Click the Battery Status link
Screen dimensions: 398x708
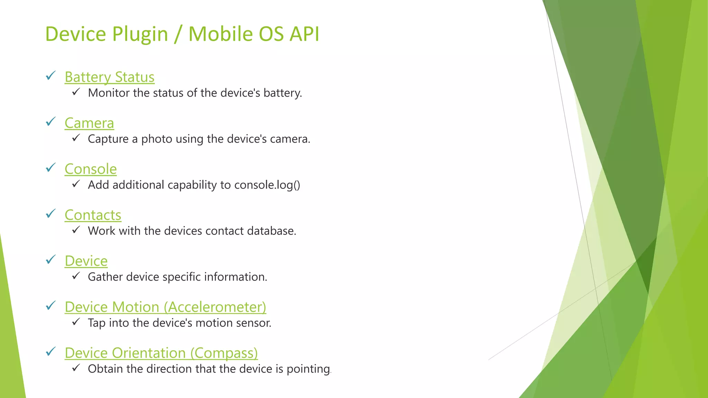[109, 77]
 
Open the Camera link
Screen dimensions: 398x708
[89, 123]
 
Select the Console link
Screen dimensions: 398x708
[91, 169]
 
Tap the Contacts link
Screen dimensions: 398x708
[93, 215]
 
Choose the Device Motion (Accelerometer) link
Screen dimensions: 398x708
[165, 307]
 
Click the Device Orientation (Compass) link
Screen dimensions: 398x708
[161, 353]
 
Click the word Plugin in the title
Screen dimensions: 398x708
[140, 34]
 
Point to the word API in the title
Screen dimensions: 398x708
[304, 34]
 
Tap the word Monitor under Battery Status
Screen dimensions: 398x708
[109, 93]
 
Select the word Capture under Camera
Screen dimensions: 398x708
[108, 139]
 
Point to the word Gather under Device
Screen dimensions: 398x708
[105, 277]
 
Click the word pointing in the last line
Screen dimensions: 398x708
[308, 369]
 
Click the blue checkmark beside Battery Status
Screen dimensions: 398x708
[51, 76]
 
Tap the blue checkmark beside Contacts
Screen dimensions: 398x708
[51, 214]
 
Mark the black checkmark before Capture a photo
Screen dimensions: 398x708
[76, 138]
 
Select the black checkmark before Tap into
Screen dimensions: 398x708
[76, 322]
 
